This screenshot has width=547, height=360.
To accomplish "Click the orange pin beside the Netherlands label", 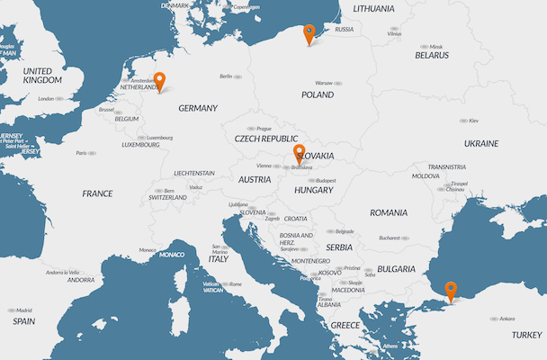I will tap(159, 81).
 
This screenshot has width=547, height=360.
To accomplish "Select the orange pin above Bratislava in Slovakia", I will tap(300, 154).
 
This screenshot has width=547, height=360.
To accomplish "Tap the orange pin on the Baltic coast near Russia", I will tap(309, 33).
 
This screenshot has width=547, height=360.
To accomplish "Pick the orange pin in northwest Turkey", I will tap(451, 291).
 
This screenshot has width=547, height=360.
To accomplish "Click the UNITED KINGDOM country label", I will tap(42, 76).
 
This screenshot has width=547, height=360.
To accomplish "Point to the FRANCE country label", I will tap(97, 193).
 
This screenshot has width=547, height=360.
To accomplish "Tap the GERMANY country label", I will tap(198, 108).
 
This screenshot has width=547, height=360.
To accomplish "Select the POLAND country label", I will tap(318, 94).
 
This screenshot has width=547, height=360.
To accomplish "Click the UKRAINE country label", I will tap(480, 143).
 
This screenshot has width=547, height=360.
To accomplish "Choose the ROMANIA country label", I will tap(388, 212).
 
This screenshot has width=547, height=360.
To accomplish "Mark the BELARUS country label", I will tap(431, 55).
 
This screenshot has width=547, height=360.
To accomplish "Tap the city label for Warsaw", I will tap(324, 83).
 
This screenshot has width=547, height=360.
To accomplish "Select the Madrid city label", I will tap(23, 310).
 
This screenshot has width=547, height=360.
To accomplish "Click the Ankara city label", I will tap(507, 318).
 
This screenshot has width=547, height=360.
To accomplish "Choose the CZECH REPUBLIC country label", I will tap(265, 139).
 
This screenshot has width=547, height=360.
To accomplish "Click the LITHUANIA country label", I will tap(373, 9).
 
